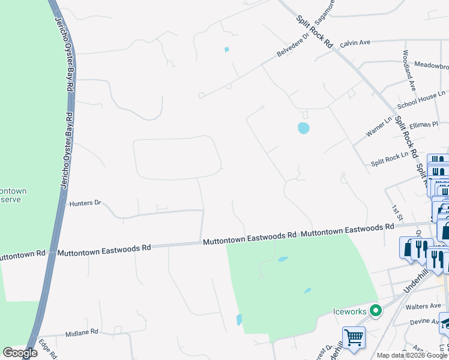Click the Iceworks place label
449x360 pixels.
[349, 311]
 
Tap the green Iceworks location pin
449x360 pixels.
[376, 311]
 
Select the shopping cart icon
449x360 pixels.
[354, 337]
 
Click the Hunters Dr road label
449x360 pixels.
[86, 203]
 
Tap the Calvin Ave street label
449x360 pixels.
[355, 43]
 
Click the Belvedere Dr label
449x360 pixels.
[292, 45]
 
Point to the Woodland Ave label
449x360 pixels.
[409, 69]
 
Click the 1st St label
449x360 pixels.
[395, 210]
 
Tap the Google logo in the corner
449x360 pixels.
[20, 353]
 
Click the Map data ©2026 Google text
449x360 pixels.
[412, 355]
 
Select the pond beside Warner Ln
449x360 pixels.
[303, 128]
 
